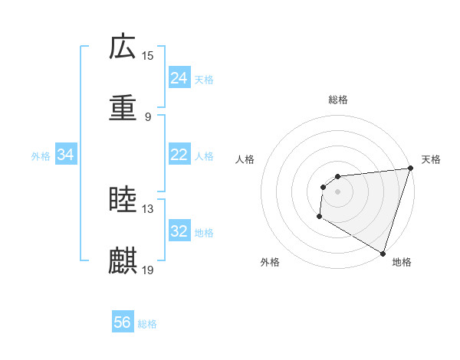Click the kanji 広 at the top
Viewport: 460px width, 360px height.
pyautogui.click(x=123, y=47)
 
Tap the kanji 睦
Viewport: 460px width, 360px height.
pyautogui.click(x=123, y=201)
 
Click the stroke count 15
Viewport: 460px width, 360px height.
pyautogui.click(x=148, y=55)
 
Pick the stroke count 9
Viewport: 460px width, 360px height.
pyautogui.click(x=148, y=116)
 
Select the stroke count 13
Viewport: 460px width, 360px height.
pyautogui.click(x=148, y=208)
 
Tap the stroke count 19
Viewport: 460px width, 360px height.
pyautogui.click(x=148, y=270)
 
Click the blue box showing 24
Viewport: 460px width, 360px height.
pyautogui.click(x=179, y=78)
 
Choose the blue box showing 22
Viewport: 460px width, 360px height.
pyautogui.click(x=179, y=155)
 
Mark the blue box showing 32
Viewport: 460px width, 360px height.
pyautogui.click(x=179, y=231)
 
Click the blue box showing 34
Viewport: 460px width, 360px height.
pyautogui.click(x=66, y=155)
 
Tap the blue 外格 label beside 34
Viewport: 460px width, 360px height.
pyautogui.click(x=41, y=155)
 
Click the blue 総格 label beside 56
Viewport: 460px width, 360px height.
pyautogui.click(x=147, y=323)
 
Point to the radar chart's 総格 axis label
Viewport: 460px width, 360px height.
pyautogui.click(x=338, y=100)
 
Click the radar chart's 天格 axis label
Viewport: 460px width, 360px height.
pyautogui.click(x=431, y=159)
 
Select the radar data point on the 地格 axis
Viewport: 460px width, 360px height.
pyautogui.click(x=383, y=252)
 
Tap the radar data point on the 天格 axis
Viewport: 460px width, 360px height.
pyautogui.click(x=411, y=168)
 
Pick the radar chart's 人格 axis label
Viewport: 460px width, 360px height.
pyautogui.click(x=245, y=159)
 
